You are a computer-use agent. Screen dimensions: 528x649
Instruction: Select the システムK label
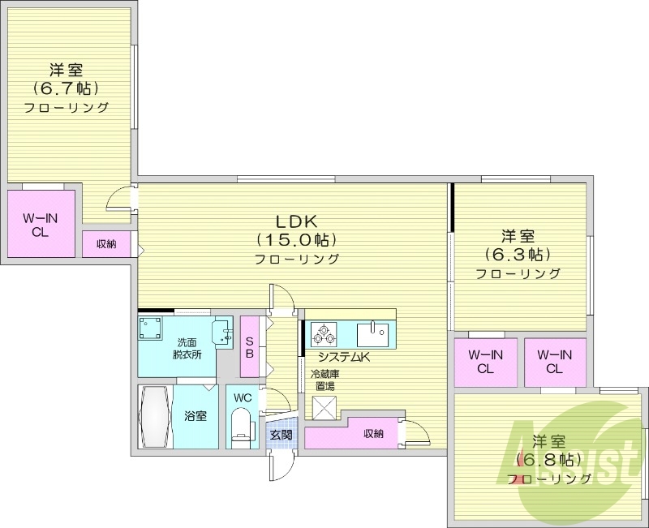[343, 357]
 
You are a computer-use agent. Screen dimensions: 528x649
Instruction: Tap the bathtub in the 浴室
[156, 416]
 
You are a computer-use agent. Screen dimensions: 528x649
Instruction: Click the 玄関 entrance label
[282, 435]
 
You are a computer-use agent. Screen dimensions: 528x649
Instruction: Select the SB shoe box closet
[250, 347]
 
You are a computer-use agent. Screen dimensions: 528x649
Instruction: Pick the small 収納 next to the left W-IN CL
[105, 244]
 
